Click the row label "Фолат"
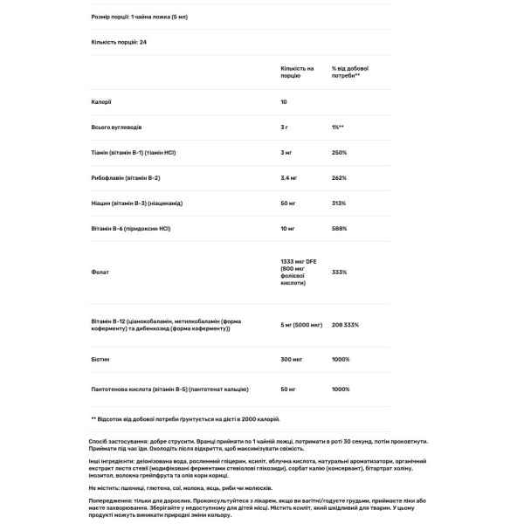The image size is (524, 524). coord(100,272)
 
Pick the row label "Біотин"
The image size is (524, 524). coord(100,358)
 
